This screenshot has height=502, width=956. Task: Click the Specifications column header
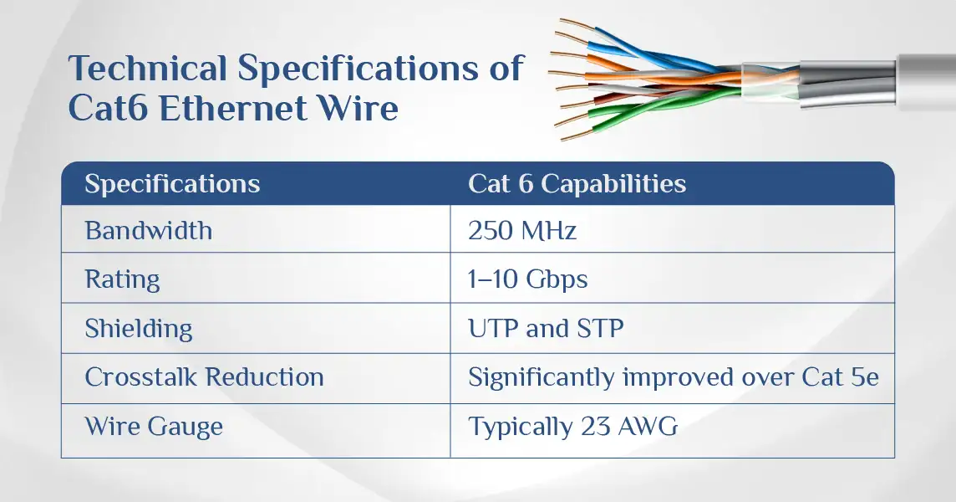[172, 184]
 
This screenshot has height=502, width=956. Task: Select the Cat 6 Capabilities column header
[577, 184]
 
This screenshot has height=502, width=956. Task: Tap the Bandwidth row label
[149, 230]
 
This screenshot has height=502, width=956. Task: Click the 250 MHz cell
[522, 231]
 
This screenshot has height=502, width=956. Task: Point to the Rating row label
[123, 279]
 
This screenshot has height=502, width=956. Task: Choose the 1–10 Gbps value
[527, 279]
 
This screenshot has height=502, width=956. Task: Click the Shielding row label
[139, 329]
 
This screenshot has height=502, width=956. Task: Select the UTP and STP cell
[546, 329]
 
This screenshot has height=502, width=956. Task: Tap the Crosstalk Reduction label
[204, 377]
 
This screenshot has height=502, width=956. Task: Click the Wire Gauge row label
[154, 427]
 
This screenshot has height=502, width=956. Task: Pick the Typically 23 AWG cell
[572, 427]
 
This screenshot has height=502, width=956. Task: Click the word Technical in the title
[148, 68]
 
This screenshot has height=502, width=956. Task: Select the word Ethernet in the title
[232, 109]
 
